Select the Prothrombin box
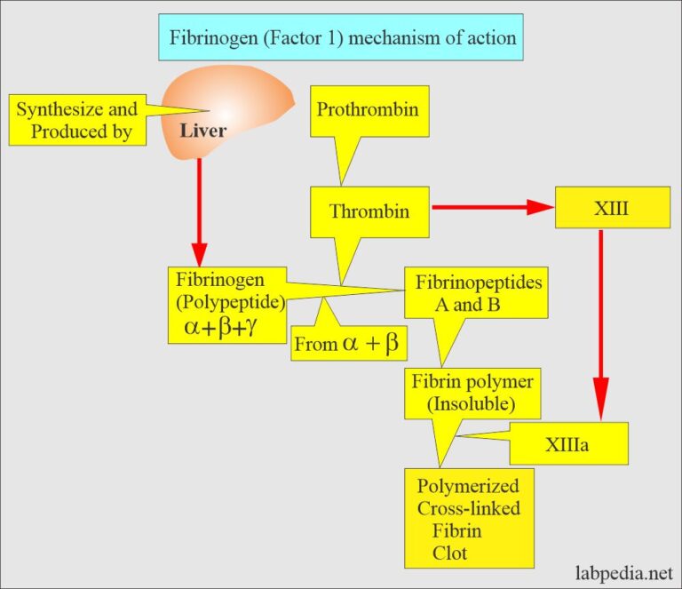[x=367, y=111]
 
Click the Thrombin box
[x=369, y=211]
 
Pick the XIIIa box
[x=568, y=442]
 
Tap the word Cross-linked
[x=468, y=509]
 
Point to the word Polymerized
[x=468, y=488]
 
